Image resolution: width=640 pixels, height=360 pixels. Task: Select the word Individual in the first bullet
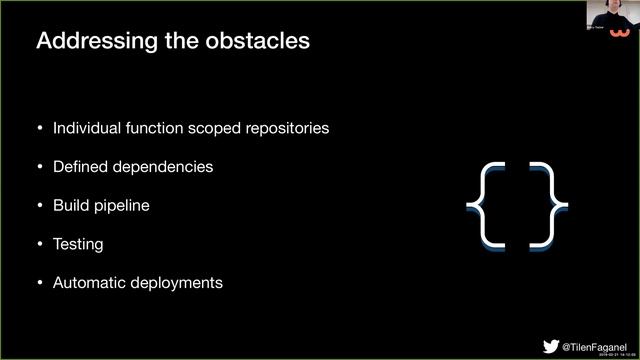[89, 129]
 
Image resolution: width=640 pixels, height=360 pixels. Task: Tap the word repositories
[284, 129]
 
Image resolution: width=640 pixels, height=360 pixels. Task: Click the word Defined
[80, 167]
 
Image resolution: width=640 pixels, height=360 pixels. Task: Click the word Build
[71, 205]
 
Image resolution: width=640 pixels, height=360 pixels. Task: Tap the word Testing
[78, 244]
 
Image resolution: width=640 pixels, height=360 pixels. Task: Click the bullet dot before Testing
[40, 244]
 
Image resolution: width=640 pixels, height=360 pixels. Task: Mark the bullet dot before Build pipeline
[40, 205]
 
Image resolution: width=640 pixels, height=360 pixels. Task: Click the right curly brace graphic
[548, 204]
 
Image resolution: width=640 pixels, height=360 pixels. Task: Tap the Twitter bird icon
[551, 345]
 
